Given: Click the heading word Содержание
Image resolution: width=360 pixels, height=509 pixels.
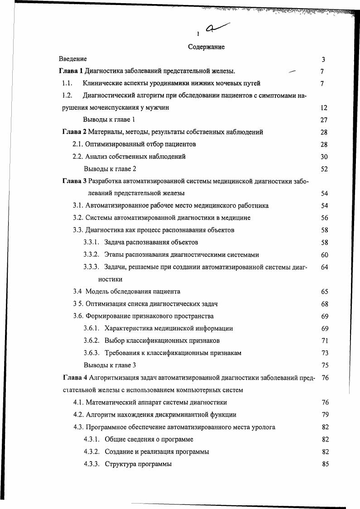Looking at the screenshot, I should [x=206, y=47].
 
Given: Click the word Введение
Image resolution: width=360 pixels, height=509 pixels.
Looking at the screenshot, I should [x=73, y=59].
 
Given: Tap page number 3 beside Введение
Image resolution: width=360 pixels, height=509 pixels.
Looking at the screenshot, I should [x=323, y=59].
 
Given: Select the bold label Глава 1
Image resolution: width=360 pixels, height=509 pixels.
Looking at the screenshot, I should [x=72, y=71].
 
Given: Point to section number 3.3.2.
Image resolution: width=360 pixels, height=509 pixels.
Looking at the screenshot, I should [x=91, y=255].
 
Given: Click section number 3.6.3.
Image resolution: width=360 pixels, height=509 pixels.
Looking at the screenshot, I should [x=91, y=353].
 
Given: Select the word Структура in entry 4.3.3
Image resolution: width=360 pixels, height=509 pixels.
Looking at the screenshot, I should [x=120, y=464].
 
